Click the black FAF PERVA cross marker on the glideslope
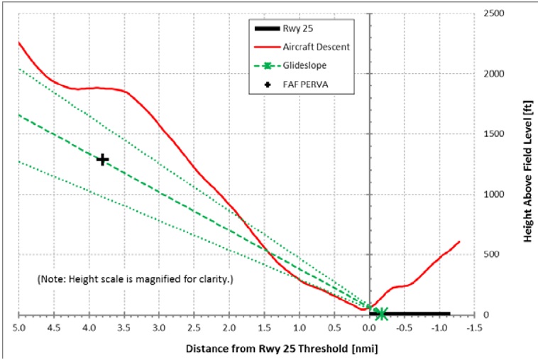pyautogui.click(x=102, y=160)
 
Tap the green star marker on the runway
pyautogui.click(x=381, y=314)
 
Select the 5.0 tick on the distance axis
pyautogui.click(x=19, y=329)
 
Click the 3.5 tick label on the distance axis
pyautogui.click(x=124, y=329)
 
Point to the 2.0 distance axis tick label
pyautogui.click(x=229, y=329)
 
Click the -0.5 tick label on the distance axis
pyautogui.click(x=404, y=329)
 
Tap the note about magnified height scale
pyautogui.click(x=134, y=279)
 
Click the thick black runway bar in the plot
pyautogui.click(x=412, y=314)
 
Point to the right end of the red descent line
pyautogui.click(x=460, y=241)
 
